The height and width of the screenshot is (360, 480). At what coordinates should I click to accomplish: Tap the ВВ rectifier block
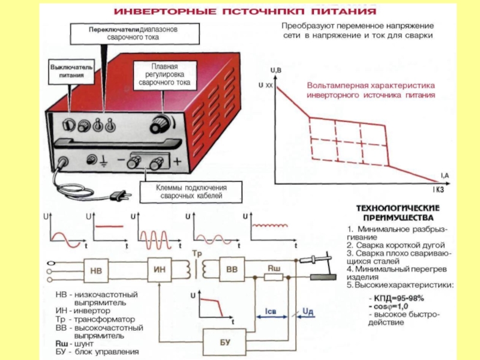click(x=232, y=270)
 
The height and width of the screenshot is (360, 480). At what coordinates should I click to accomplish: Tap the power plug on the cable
click(x=121, y=194)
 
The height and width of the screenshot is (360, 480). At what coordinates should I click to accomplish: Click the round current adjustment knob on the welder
click(x=160, y=124)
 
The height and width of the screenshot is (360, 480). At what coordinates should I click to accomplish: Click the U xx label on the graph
click(x=265, y=86)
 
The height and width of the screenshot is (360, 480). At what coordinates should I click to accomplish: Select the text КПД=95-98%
click(x=398, y=298)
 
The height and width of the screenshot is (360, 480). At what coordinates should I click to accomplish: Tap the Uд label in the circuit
click(x=307, y=311)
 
